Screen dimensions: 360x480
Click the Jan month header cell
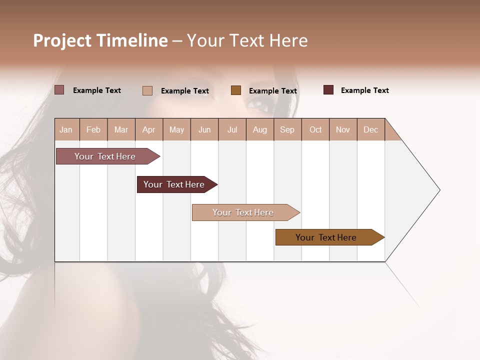(x=66, y=129)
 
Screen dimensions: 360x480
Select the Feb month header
(x=93, y=129)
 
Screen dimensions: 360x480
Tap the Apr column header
(x=148, y=129)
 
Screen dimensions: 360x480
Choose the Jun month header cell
(x=204, y=129)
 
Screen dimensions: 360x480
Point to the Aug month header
(x=259, y=129)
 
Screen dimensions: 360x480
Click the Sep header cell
(x=287, y=129)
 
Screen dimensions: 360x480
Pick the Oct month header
(x=315, y=129)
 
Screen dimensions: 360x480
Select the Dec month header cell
(x=370, y=129)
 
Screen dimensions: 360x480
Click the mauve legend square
(x=59, y=90)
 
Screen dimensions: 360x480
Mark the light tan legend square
(x=147, y=90)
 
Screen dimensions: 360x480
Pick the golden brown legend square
(x=236, y=90)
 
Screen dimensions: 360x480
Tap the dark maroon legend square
(x=328, y=90)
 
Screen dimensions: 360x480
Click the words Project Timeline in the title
(x=100, y=40)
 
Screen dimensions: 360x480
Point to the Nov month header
(x=343, y=129)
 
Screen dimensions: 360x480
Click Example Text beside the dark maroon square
(x=364, y=90)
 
